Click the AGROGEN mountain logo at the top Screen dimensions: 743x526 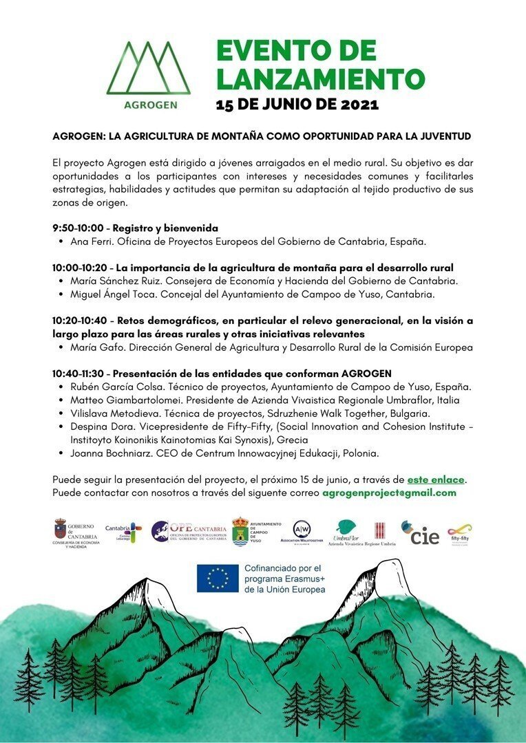coord(147,74)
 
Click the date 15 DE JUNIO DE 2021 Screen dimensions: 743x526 coord(297,105)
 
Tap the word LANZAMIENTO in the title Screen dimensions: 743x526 coord(320,79)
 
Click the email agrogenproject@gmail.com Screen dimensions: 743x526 coord(389,493)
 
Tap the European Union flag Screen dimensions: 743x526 coord(218,578)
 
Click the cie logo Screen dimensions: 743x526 coord(421,533)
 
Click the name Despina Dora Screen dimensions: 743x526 coord(103,427)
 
